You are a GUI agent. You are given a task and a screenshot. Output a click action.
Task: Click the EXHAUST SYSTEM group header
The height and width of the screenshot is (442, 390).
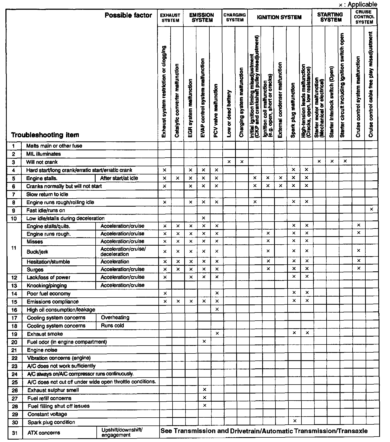coord(170,18)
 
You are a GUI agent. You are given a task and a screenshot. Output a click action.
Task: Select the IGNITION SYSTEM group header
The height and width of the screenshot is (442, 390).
coord(279,17)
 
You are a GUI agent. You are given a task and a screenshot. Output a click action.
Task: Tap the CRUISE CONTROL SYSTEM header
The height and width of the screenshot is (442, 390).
coord(364,17)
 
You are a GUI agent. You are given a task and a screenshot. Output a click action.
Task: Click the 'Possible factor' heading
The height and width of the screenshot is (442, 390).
coord(128,15)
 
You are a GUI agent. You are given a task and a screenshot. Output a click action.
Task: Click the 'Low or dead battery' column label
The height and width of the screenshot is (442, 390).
coord(229,114)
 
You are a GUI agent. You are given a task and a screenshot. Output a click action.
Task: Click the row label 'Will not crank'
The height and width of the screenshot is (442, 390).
coord(42,162)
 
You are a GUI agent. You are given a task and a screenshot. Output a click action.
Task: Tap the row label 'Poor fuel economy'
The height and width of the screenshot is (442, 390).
coord(48,294)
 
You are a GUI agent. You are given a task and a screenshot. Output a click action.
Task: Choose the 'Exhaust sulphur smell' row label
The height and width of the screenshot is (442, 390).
coord(53,390)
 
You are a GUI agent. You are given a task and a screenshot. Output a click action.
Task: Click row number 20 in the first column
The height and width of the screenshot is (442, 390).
coord(14,342)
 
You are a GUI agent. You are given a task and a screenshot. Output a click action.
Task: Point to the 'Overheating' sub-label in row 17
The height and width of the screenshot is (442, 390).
coord(115,317)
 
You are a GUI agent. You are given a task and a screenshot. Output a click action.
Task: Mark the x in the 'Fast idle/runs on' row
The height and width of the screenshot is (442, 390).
coord(371,209)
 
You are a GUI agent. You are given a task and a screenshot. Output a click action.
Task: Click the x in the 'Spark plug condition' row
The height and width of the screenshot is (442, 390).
coord(295,421)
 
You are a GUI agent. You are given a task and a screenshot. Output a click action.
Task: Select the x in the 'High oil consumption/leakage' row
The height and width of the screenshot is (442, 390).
coord(217,309)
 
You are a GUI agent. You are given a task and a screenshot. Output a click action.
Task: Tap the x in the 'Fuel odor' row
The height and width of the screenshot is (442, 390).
coord(204,341)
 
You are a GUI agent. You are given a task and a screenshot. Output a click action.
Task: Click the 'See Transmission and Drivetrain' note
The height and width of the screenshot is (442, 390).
coord(264,431)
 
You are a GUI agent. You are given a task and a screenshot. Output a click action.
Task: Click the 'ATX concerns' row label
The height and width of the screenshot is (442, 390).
coord(44,433)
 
